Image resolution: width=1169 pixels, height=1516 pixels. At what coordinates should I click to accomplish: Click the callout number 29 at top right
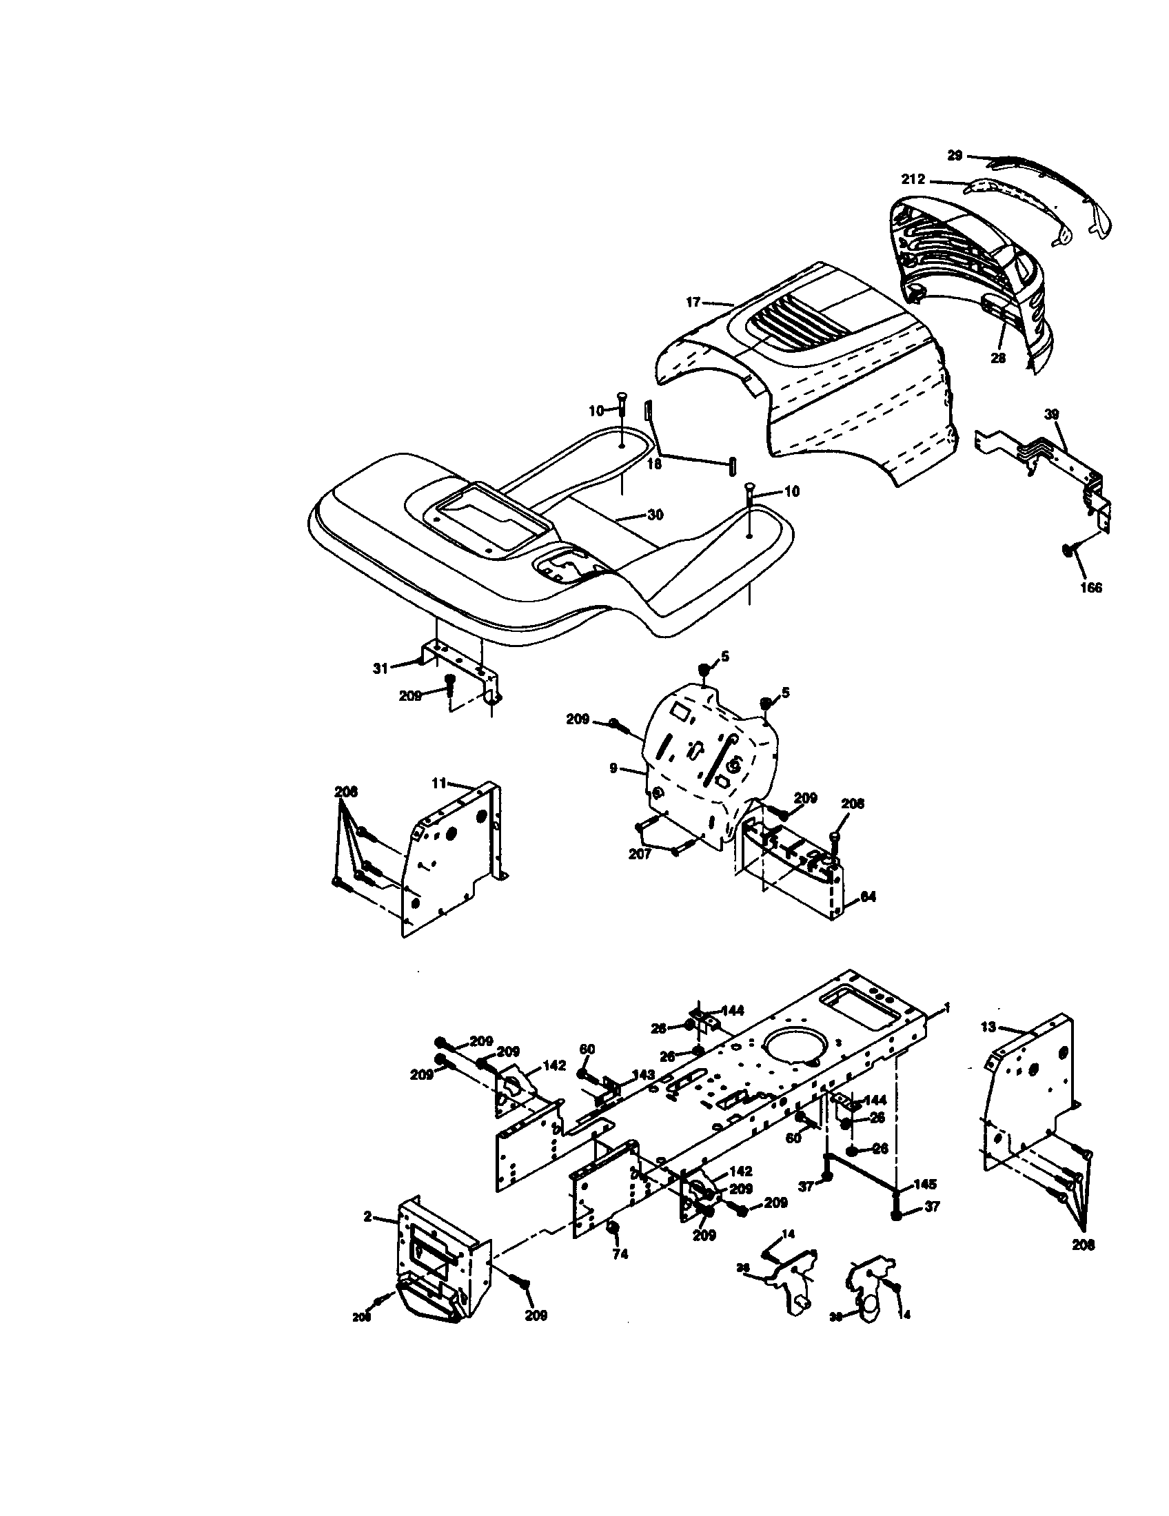[955, 156]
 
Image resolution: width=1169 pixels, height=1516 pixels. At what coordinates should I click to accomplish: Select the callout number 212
[913, 180]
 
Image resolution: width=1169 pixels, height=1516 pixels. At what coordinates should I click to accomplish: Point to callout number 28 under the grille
[997, 358]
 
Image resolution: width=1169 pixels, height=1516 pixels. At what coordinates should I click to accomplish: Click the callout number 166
[1090, 587]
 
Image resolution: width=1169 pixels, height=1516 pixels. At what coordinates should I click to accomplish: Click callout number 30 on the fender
[655, 515]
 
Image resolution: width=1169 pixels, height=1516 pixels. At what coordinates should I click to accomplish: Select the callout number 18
[654, 464]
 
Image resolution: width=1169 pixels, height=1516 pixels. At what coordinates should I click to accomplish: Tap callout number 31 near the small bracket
[380, 668]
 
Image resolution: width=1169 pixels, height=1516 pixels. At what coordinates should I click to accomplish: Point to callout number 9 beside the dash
[613, 768]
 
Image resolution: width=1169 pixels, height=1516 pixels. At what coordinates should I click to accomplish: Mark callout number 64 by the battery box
[867, 897]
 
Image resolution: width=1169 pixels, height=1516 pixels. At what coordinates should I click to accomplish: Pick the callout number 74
[620, 1254]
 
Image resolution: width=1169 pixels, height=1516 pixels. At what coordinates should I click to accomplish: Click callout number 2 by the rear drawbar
[368, 1216]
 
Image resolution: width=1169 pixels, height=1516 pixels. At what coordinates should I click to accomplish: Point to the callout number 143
[643, 1074]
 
